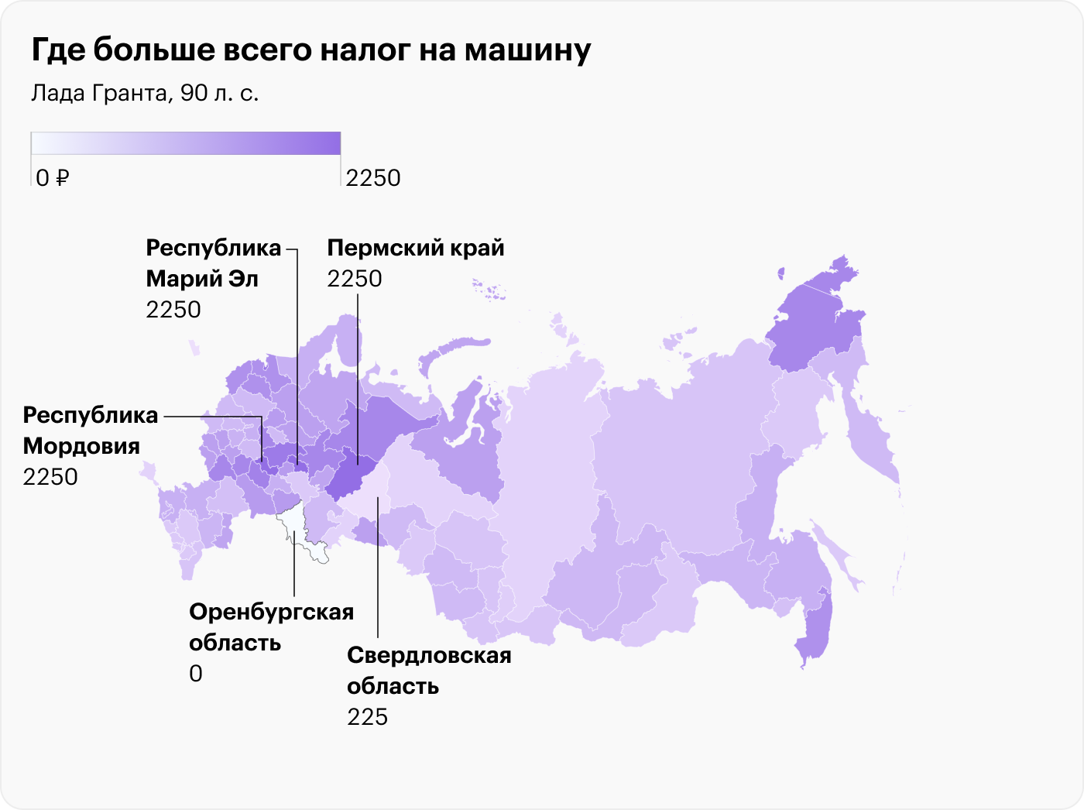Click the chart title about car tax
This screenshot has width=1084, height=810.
click(311, 50)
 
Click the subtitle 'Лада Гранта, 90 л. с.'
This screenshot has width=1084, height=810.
click(145, 93)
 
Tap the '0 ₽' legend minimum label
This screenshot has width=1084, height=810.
click(53, 178)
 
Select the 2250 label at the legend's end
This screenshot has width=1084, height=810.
click(373, 178)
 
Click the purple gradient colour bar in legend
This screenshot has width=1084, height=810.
click(186, 143)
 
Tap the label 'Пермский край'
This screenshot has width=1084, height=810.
click(416, 248)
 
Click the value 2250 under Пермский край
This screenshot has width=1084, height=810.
click(355, 279)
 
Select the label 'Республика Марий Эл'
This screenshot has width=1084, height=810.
click(213, 263)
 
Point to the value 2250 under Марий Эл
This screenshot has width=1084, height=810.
click(173, 310)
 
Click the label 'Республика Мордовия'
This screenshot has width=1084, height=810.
click(90, 431)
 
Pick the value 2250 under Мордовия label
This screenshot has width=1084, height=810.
click(50, 477)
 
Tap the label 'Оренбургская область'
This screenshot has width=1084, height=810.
click(271, 627)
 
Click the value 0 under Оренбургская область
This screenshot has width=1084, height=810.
click(196, 674)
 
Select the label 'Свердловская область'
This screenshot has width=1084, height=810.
click(429, 671)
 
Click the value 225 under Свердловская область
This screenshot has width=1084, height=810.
click(367, 717)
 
